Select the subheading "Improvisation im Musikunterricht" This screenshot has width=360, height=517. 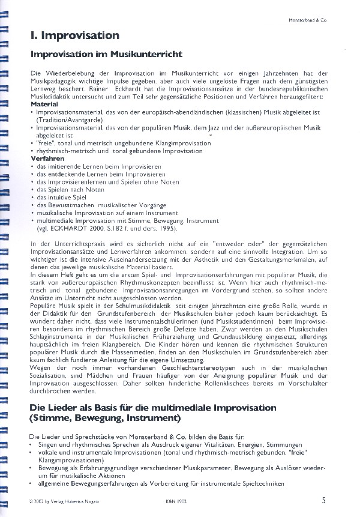106,55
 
